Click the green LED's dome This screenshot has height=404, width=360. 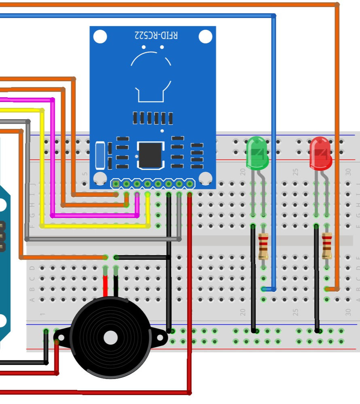(257, 153)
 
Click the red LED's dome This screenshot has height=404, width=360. (320, 153)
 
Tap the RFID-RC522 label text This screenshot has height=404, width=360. (156, 35)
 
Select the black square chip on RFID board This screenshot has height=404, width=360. (150, 155)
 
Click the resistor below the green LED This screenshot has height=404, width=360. (263, 246)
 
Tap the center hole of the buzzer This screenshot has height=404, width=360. (110, 337)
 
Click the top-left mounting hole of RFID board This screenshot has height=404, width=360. (100, 36)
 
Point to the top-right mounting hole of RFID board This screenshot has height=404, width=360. (205, 36)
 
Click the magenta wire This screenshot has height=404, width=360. (53, 162)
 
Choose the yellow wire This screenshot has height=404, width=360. (42, 170)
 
